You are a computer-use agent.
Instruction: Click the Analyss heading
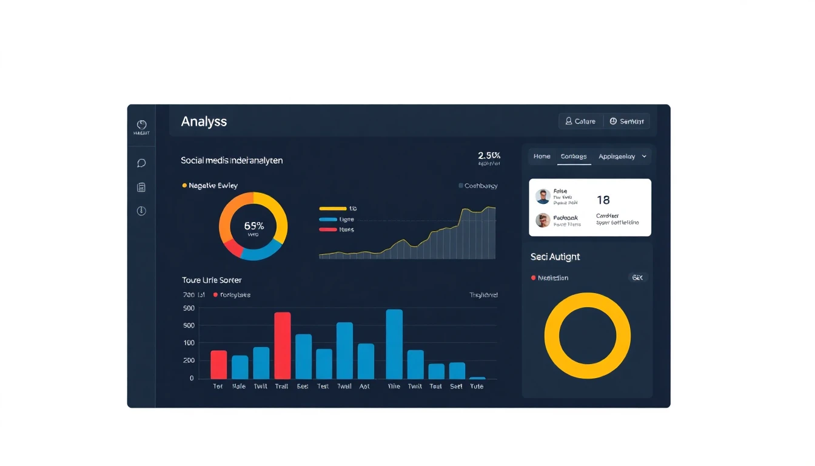(x=204, y=121)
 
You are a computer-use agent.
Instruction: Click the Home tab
(x=542, y=157)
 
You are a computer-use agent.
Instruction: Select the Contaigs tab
(x=574, y=157)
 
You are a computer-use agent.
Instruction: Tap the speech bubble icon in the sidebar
(x=141, y=163)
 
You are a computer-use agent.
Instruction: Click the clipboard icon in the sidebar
(x=141, y=187)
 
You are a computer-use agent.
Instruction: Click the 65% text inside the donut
(x=253, y=226)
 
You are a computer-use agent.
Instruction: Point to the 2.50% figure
(x=489, y=156)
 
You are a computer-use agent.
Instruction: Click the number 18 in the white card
(x=603, y=200)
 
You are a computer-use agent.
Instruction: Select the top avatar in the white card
(x=543, y=197)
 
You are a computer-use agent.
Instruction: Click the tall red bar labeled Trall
(x=283, y=346)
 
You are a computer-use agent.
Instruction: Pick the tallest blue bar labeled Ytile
(x=394, y=344)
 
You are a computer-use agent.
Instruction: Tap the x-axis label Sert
(x=457, y=387)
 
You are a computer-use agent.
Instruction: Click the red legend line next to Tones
(x=328, y=229)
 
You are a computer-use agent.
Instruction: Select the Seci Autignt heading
(x=555, y=257)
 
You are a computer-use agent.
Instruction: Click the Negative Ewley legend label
(x=213, y=186)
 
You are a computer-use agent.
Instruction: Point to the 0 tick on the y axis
(x=192, y=378)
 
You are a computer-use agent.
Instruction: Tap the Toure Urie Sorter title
(x=212, y=280)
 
